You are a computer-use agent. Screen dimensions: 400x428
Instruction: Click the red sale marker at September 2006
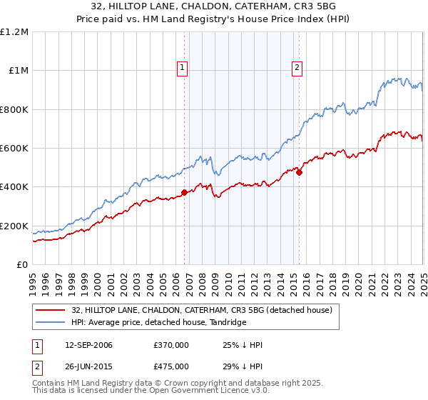click(x=184, y=192)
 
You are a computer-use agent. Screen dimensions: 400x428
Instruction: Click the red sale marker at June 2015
click(x=299, y=172)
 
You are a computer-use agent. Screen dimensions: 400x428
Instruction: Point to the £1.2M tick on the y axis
click(x=14, y=32)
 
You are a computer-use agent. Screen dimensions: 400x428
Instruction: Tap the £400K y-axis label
click(x=14, y=187)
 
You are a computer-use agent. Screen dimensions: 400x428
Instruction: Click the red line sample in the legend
click(x=50, y=310)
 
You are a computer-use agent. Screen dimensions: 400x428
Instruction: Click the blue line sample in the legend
click(x=50, y=323)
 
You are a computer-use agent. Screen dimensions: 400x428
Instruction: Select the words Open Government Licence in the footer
click(x=178, y=392)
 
